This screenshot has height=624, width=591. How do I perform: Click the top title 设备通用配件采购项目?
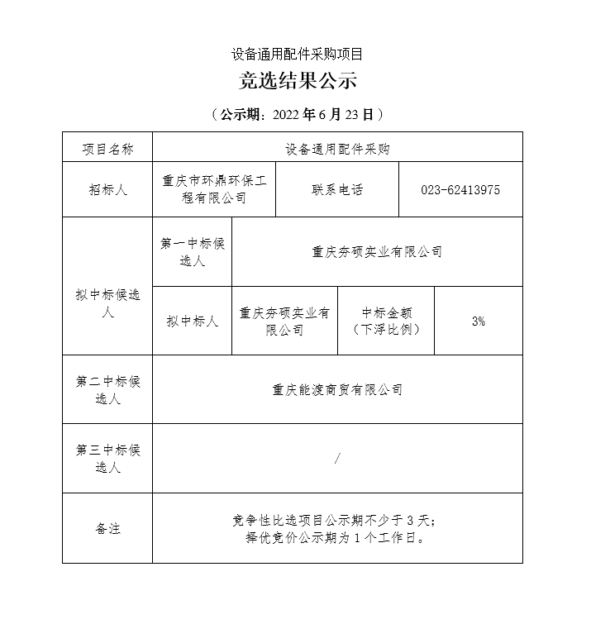click(x=297, y=55)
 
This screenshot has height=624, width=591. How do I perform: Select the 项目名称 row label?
click(x=107, y=150)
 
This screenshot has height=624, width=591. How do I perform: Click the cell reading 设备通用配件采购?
click(x=337, y=150)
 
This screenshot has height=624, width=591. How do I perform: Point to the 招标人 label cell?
click(x=107, y=189)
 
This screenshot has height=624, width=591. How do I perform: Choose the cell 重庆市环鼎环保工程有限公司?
click(x=214, y=189)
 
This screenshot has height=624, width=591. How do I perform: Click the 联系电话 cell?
click(x=337, y=189)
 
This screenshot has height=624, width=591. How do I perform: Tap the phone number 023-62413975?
click(x=460, y=190)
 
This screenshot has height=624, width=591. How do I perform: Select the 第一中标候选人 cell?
click(x=193, y=252)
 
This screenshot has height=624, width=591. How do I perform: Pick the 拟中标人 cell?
click(x=193, y=322)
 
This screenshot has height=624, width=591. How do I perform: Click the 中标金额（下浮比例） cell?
click(x=386, y=322)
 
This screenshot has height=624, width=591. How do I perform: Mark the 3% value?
click(x=479, y=322)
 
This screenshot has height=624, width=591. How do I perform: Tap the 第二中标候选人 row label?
click(x=107, y=390)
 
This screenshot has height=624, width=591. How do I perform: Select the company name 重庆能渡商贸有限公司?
click(x=337, y=390)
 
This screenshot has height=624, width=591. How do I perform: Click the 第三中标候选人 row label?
click(x=107, y=459)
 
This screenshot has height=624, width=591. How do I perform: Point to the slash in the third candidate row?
click(x=337, y=459)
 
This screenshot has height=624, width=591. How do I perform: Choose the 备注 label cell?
click(x=107, y=528)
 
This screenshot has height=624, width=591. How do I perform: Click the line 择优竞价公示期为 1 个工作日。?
click(x=336, y=538)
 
